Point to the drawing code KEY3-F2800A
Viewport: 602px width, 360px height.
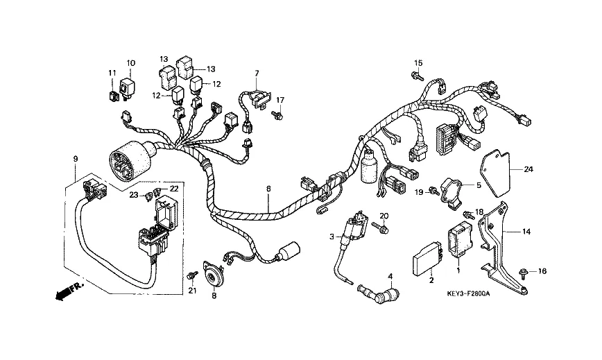pyautogui.click(x=468, y=294)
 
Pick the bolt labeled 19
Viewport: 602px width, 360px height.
pyautogui.click(x=432, y=189)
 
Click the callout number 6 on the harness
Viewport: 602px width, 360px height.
pyautogui.click(x=268, y=188)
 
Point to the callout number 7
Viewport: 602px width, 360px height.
pyautogui.click(x=256, y=73)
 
